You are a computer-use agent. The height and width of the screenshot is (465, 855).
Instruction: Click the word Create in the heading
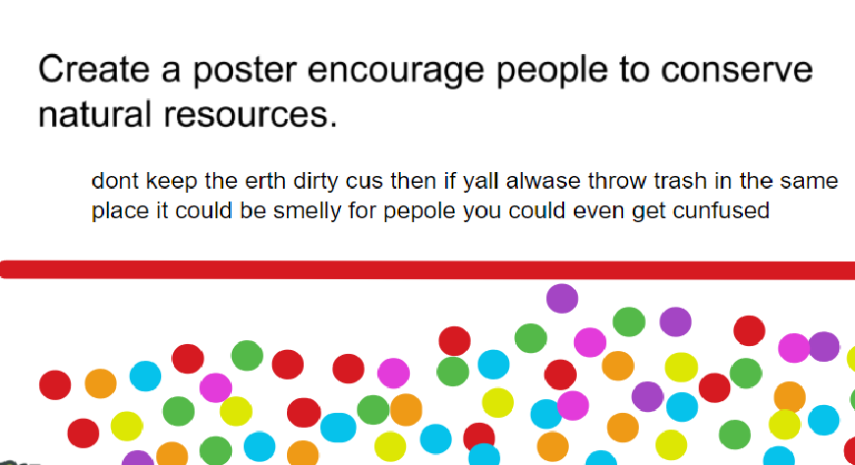pos(92,71)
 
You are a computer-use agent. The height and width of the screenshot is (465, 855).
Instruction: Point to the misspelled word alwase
pos(539,182)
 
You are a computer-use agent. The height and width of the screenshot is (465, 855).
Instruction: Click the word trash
pos(670,182)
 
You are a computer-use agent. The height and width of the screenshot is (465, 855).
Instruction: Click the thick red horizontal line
pos(427,269)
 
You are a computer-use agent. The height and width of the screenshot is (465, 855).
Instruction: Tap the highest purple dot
pos(562,298)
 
